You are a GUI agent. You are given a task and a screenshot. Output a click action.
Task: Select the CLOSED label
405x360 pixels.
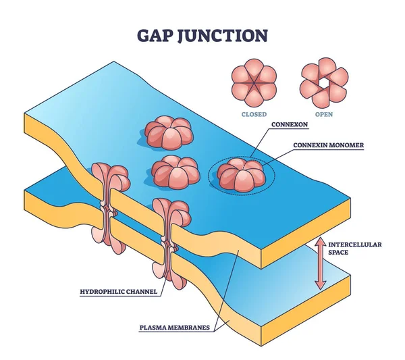pos(253,114)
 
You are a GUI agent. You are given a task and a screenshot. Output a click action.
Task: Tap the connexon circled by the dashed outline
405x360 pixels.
pos(241,174)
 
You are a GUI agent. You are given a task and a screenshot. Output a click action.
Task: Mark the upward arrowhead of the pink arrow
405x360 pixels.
pos(320,242)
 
